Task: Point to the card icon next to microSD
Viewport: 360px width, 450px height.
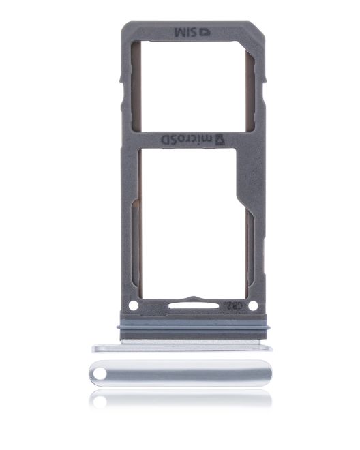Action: (x=220, y=139)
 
